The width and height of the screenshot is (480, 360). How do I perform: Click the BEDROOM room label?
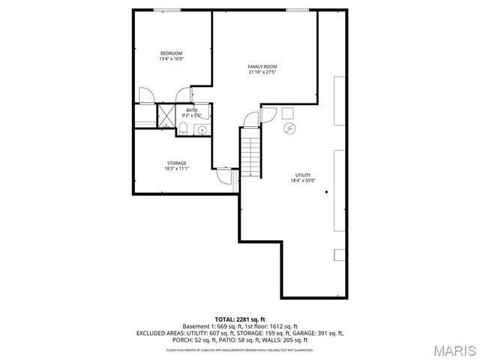(171, 53)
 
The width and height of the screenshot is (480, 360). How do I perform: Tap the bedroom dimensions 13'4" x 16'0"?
(171, 58)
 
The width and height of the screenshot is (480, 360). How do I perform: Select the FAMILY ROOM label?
(262, 67)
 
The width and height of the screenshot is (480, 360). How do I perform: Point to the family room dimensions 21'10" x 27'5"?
(262, 72)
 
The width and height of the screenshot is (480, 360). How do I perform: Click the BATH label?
(192, 110)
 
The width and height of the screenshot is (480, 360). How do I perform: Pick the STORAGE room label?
(176, 163)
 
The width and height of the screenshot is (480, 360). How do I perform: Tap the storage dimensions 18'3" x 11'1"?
(176, 168)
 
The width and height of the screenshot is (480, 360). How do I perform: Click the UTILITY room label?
(303, 175)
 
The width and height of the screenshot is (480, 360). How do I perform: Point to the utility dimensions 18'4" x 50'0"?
(303, 180)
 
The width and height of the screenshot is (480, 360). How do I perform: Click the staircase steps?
(250, 154)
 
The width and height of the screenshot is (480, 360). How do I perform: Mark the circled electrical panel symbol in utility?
(289, 128)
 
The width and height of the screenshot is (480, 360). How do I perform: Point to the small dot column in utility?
(327, 192)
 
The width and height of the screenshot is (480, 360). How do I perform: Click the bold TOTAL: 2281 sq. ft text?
(239, 319)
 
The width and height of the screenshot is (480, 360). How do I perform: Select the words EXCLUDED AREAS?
(160, 332)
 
